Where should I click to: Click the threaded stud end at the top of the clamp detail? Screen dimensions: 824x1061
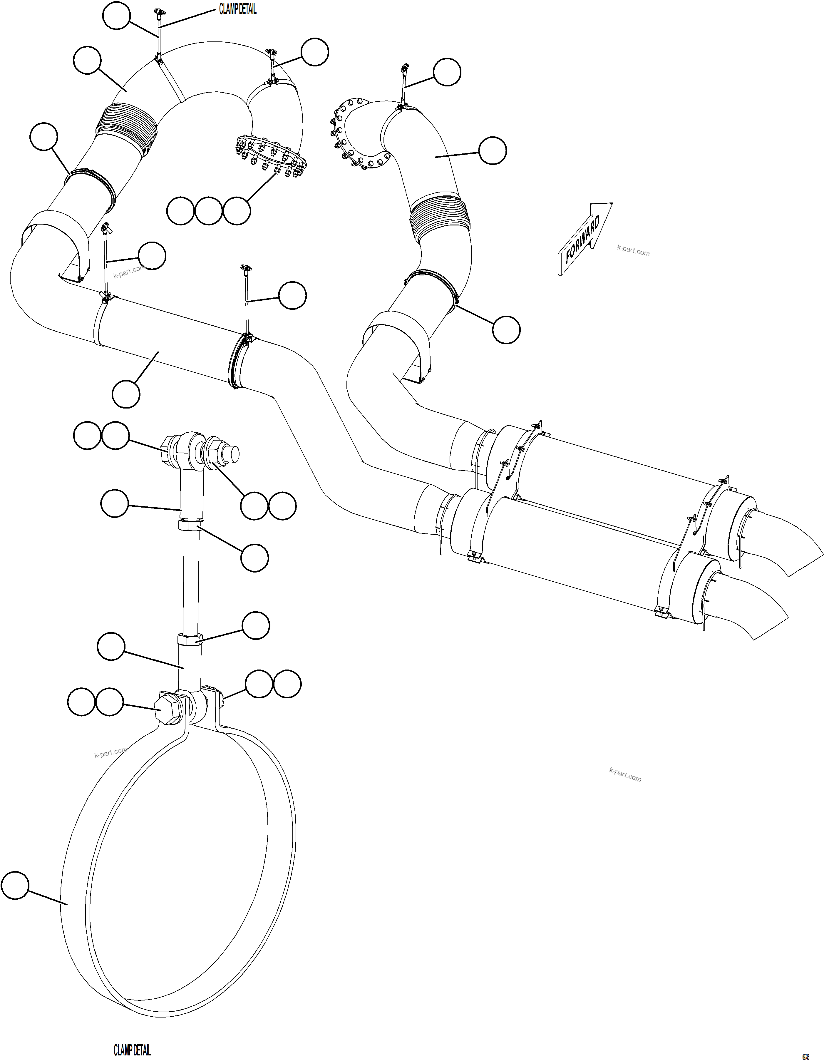click(230, 453)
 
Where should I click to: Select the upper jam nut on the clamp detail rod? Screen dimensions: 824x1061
click(191, 525)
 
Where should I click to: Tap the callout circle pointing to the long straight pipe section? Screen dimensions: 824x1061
click(126, 394)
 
